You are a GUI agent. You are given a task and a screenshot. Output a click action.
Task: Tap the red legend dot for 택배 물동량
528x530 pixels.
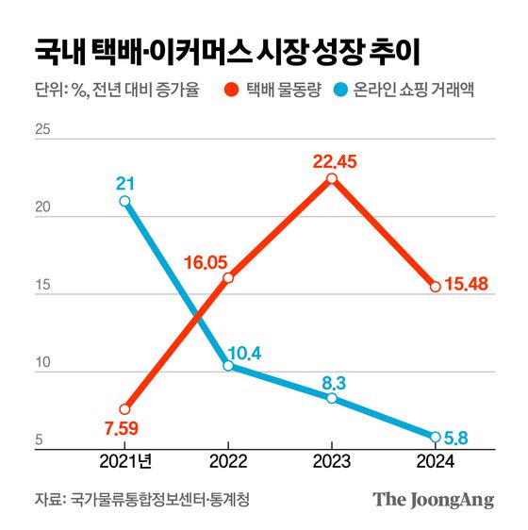230,91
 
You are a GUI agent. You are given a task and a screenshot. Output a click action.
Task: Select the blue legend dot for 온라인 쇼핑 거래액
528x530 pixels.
361,91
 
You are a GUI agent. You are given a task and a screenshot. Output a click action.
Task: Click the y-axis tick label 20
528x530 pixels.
42,215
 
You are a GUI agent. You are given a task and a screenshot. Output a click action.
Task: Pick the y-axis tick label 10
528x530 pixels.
42,372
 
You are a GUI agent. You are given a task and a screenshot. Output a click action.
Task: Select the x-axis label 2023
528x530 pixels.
331,461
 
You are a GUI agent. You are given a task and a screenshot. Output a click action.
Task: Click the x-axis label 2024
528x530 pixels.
435,461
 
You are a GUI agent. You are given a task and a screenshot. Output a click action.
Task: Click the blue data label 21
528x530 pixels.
124,182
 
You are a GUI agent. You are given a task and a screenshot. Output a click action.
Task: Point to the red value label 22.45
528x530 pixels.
335,161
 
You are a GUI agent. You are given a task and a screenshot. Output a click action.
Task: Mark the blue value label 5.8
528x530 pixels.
456,439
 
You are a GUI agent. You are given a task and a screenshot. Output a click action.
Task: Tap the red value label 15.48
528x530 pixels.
466,285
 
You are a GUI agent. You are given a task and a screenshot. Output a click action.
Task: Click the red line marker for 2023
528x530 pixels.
332,179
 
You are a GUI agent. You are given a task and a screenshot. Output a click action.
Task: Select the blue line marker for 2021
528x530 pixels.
124,201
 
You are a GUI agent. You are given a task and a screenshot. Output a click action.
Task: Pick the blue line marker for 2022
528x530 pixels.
228,366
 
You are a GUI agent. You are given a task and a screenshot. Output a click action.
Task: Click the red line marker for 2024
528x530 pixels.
435,287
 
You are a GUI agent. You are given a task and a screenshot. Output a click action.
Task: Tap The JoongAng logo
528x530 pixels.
433,500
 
